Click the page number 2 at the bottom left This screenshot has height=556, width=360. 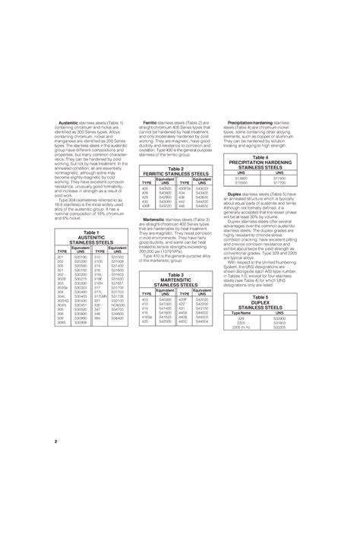(x=56, y=441)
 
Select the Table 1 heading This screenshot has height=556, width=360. (x=92, y=232)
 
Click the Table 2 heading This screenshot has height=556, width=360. (x=175, y=169)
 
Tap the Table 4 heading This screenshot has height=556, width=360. (x=261, y=156)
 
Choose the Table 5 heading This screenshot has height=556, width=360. (x=261, y=297)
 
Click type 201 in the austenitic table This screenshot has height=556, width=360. (x=61, y=257)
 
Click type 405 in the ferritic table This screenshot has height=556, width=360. (x=144, y=188)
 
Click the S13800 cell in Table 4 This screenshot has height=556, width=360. (x=241, y=178)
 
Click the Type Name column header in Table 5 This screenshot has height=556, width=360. (x=241, y=312)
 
